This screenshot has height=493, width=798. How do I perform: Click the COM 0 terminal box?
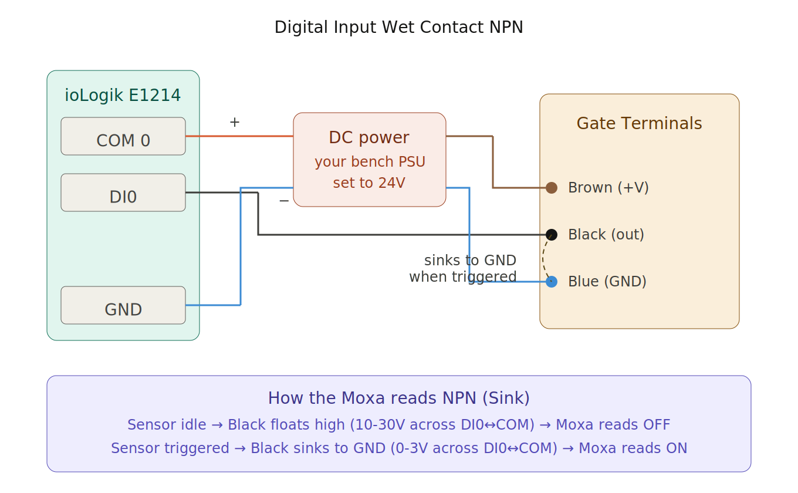click(123, 136)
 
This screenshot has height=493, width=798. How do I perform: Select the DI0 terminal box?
click(123, 193)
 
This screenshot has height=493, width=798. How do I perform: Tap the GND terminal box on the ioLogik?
click(123, 305)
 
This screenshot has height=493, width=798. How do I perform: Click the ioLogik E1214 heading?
click(123, 95)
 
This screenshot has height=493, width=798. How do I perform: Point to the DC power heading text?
click(369, 137)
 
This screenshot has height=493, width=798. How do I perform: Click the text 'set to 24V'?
click(369, 183)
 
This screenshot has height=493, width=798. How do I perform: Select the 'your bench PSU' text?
click(370, 162)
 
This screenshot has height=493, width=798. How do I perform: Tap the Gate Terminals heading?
click(639, 124)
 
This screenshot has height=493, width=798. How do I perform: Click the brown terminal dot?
click(552, 188)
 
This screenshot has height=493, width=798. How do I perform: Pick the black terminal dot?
click(552, 235)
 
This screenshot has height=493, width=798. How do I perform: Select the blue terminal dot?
click(552, 282)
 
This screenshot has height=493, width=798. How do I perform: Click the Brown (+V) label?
click(608, 188)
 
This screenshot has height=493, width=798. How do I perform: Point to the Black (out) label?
click(606, 235)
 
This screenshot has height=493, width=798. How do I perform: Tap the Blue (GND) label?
click(607, 282)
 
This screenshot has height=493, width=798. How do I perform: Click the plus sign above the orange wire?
click(235, 122)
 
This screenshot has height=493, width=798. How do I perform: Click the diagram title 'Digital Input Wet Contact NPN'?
click(398, 27)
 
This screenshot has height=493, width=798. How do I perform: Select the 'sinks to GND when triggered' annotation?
click(464, 268)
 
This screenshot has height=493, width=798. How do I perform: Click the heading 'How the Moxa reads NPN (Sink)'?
click(398, 399)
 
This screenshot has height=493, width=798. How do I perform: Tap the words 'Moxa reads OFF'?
click(613, 425)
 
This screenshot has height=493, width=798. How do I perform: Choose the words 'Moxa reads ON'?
click(633, 448)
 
